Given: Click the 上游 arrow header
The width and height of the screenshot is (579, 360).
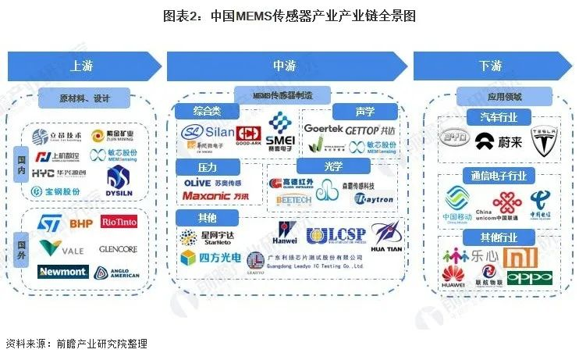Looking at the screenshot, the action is (x=82, y=66).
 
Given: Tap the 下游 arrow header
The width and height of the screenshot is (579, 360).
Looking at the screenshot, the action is (x=490, y=66).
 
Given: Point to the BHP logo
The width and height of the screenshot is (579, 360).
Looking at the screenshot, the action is (x=80, y=224).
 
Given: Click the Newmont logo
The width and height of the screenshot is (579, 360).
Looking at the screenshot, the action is (x=62, y=272).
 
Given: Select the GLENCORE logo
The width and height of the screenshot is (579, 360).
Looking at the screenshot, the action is (x=119, y=249).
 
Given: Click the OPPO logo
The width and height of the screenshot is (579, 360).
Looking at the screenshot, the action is (x=530, y=277).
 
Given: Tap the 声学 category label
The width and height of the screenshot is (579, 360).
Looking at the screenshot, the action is (x=353, y=112).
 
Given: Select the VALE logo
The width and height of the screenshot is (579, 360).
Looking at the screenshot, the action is (x=62, y=249).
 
